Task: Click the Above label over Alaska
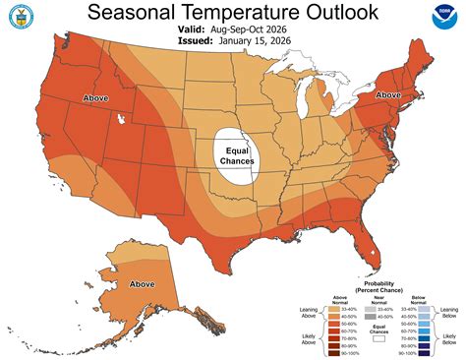[142, 284]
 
